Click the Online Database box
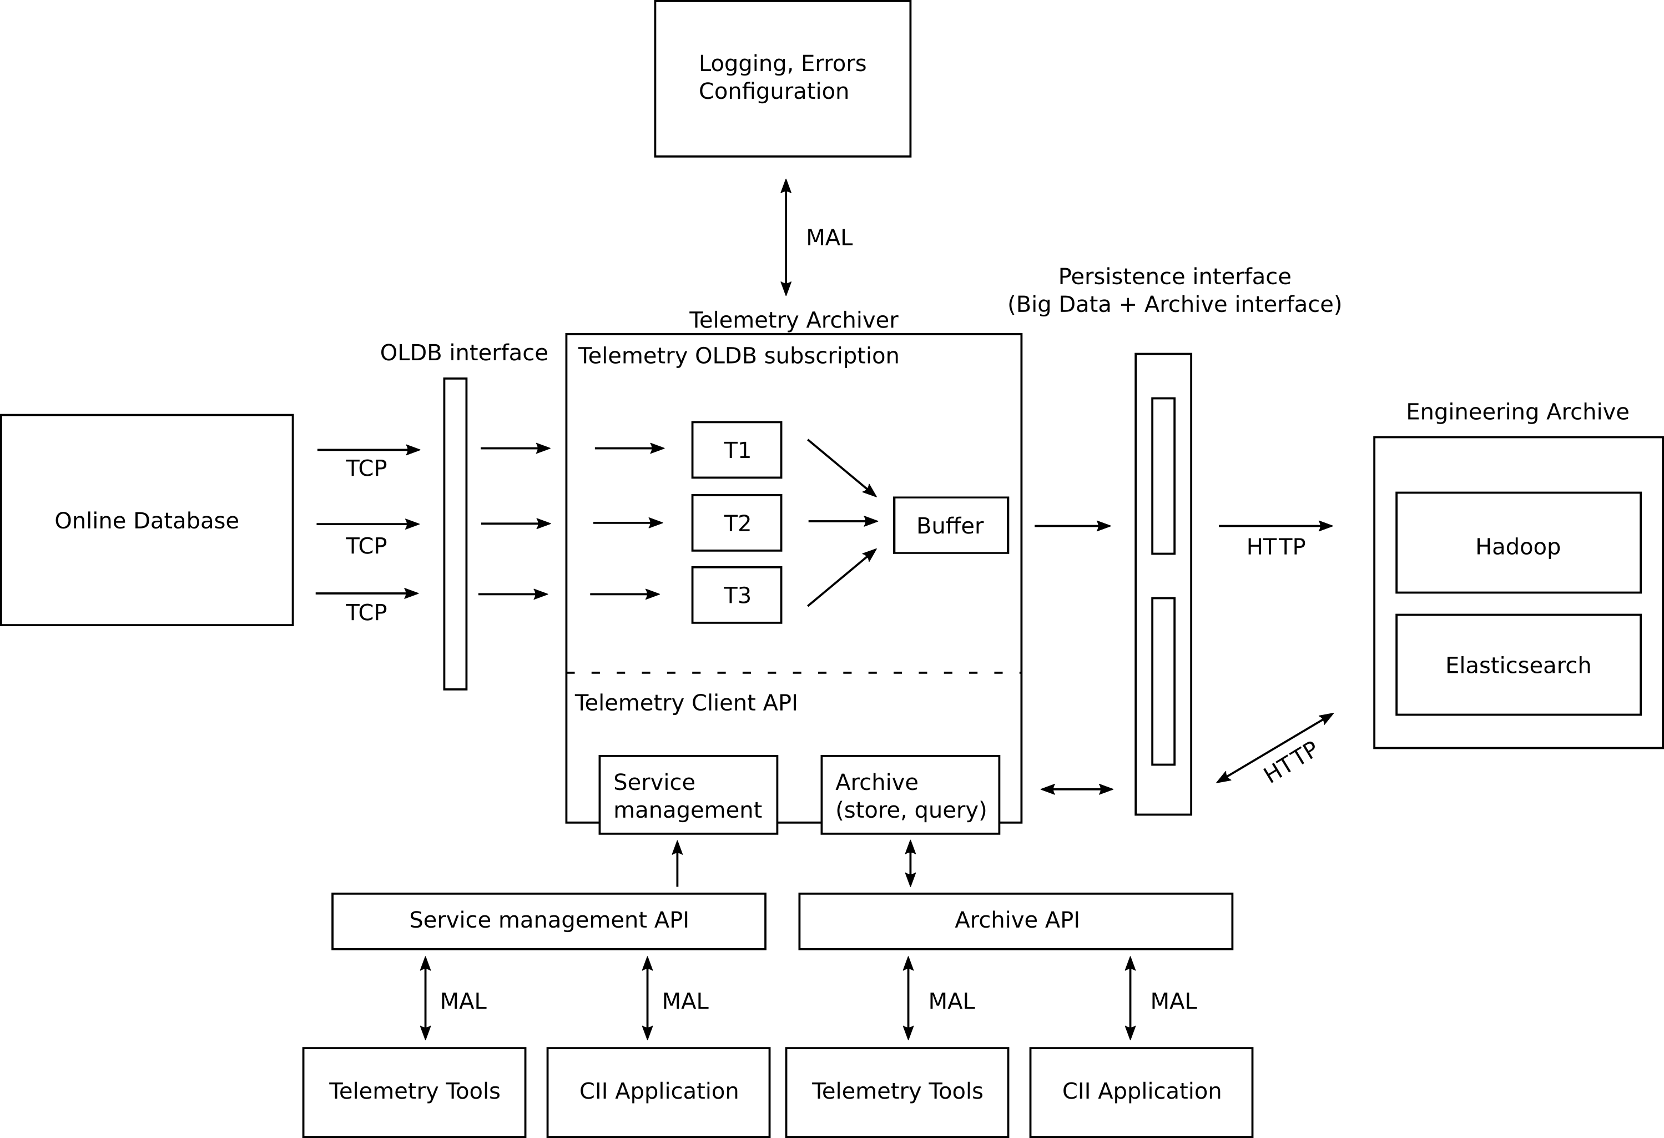147,520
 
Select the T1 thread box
736,450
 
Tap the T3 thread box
736,595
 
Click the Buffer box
950,526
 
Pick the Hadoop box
1518,543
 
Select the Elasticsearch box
1518,664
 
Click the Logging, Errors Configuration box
782,79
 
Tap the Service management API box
548,921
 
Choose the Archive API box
1015,921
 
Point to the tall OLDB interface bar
455,533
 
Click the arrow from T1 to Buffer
841,467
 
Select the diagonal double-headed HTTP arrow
1274,748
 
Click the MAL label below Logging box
829,238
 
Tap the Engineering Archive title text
1517,412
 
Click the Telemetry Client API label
685,703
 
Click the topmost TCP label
366,469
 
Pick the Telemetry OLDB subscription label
738,356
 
